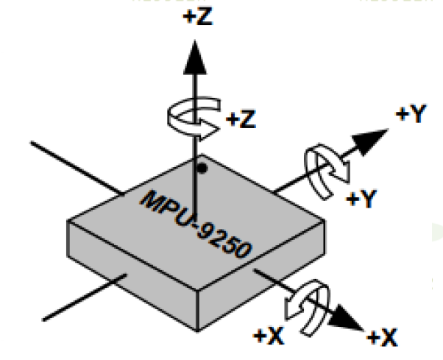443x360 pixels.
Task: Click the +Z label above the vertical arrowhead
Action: pyautogui.click(x=198, y=16)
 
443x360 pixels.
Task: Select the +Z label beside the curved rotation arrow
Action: pyautogui.click(x=241, y=119)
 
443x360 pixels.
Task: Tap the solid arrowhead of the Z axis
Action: pyautogui.click(x=195, y=57)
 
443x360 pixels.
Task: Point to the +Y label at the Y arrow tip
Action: pyautogui.click(x=411, y=114)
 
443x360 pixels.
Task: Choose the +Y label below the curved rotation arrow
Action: pyautogui.click(x=361, y=199)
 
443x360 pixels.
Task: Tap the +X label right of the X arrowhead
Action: pyautogui.click(x=382, y=337)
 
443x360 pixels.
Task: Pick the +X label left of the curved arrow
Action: pyautogui.click(x=269, y=336)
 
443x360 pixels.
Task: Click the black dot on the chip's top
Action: pyautogui.click(x=202, y=169)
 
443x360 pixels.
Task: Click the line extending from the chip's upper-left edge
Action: pyautogui.click(x=77, y=168)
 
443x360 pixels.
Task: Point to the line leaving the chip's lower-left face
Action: pyautogui.click(x=84, y=297)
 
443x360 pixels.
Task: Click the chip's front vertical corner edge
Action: pyautogui.click(x=197, y=310)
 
